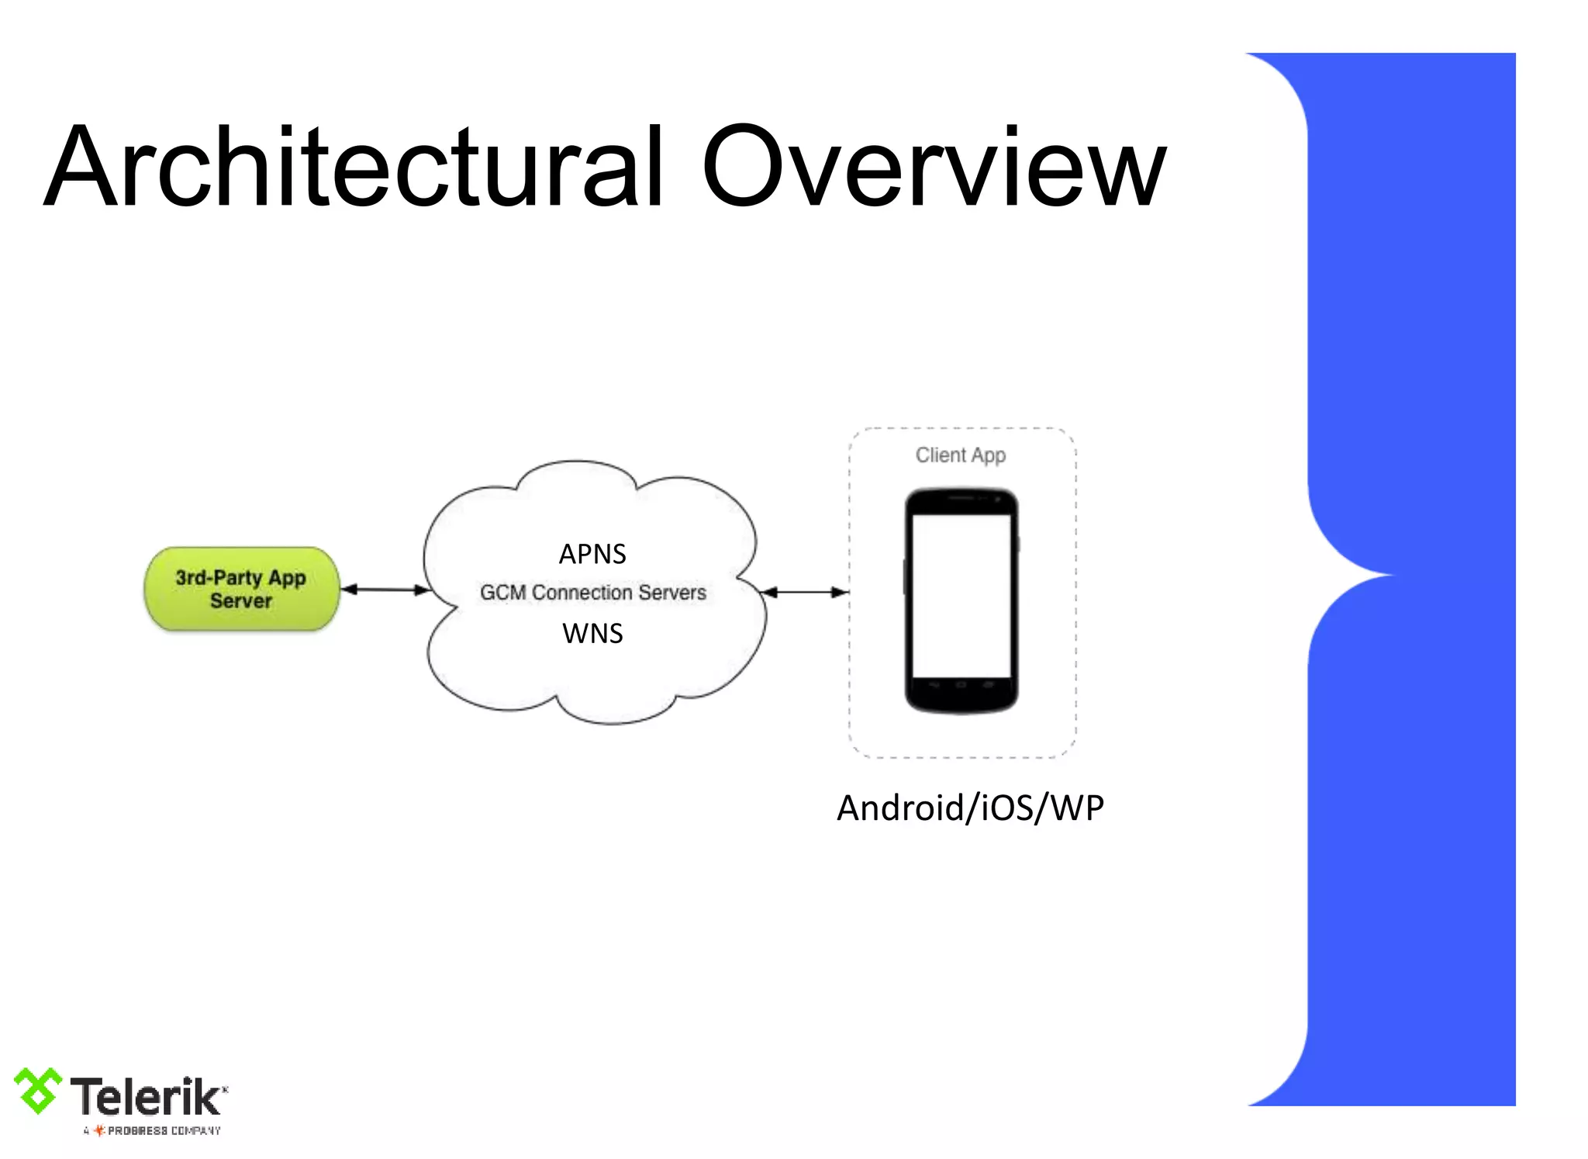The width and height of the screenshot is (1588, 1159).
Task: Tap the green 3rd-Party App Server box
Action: (x=241, y=589)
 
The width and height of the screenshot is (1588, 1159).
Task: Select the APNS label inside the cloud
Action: (x=592, y=554)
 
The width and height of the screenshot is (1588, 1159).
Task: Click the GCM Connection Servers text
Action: (x=593, y=593)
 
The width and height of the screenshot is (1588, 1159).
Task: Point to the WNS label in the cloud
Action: (x=592, y=634)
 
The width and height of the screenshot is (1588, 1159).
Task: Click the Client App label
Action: (x=961, y=455)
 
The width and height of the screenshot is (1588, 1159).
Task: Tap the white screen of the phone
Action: (x=961, y=595)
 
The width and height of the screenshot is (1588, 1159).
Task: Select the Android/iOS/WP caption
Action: (x=970, y=808)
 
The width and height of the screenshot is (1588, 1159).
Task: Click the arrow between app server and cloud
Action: (x=385, y=590)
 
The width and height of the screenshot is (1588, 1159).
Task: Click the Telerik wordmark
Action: (x=146, y=1097)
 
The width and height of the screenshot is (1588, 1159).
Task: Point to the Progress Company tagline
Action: (x=154, y=1131)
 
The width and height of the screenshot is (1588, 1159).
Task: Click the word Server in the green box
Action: (x=241, y=601)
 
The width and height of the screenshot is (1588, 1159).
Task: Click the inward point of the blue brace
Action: (x=1388, y=576)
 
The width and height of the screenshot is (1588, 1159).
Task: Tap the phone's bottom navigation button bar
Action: (x=961, y=686)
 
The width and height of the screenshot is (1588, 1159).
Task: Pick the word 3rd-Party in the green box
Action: (x=219, y=578)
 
